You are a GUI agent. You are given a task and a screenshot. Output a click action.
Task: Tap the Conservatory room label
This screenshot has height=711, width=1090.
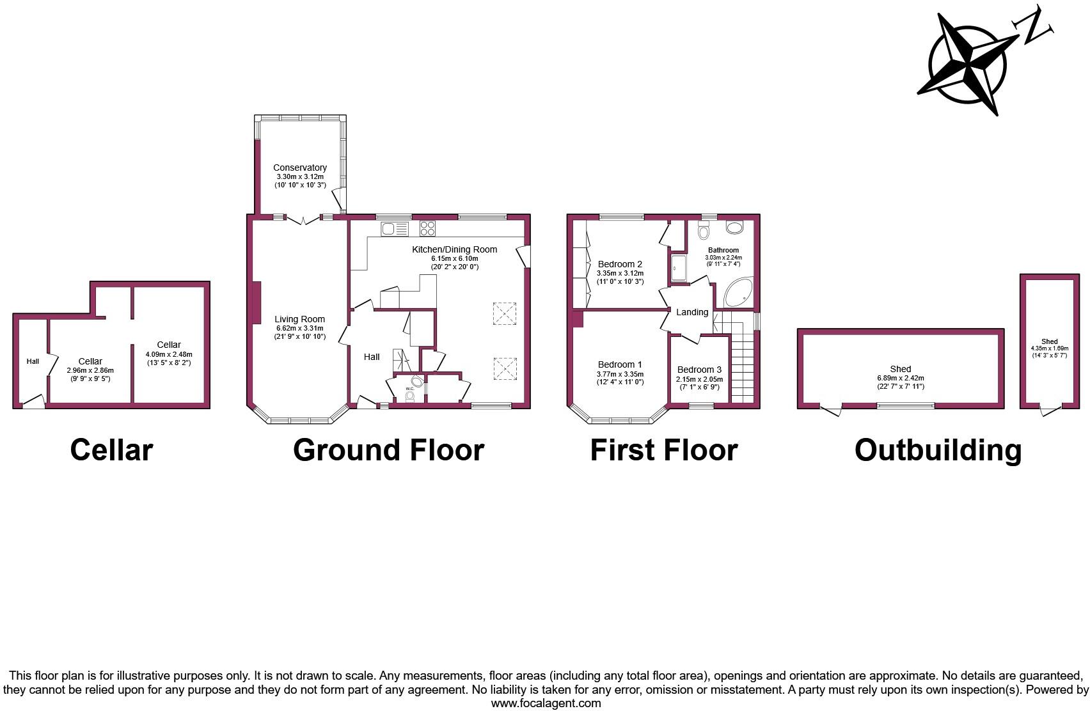click(299, 168)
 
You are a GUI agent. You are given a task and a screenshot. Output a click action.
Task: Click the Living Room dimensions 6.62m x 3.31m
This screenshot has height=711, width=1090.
click(299, 328)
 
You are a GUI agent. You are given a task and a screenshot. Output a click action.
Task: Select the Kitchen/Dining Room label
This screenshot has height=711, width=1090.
click(454, 249)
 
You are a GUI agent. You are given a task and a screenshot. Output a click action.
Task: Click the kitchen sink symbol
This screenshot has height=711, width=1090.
click(395, 228)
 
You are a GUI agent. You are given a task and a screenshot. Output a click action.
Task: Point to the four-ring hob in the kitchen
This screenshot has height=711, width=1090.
click(427, 228)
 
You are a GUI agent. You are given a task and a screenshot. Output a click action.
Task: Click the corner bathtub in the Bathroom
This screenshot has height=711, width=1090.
click(739, 294)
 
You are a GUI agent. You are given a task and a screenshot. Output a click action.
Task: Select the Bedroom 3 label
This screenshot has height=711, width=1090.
click(699, 370)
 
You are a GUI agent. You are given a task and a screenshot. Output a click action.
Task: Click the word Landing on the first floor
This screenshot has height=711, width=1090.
click(692, 312)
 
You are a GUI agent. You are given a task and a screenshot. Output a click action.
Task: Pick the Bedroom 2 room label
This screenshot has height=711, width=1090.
click(620, 264)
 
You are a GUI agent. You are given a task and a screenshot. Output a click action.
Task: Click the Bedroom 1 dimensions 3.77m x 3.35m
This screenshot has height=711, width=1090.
click(620, 374)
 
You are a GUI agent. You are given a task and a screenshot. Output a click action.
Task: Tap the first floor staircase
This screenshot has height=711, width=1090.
click(743, 364)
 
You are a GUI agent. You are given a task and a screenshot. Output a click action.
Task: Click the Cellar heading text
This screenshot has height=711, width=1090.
click(111, 449)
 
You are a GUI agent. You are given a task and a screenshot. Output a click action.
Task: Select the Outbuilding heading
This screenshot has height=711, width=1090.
click(938, 449)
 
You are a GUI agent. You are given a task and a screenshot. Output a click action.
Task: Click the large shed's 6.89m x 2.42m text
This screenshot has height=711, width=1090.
click(900, 378)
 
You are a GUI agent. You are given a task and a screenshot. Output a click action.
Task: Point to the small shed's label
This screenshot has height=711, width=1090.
click(1049, 341)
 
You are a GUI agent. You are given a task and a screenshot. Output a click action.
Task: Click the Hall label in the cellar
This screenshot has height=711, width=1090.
click(33, 361)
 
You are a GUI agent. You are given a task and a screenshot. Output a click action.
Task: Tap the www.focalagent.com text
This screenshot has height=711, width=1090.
click(546, 703)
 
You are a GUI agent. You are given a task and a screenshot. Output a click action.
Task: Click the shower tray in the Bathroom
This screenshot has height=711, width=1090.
click(678, 268)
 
